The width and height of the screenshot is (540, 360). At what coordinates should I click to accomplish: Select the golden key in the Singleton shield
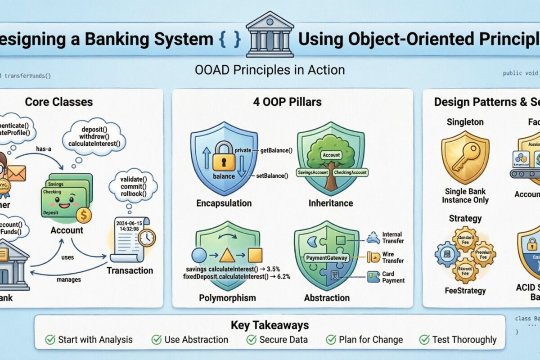click(465, 157)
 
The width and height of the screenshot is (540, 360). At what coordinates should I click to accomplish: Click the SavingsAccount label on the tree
click(312, 172)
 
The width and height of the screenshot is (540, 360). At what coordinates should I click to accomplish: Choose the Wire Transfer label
click(393, 257)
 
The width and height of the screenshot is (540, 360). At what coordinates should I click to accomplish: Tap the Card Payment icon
click(373, 276)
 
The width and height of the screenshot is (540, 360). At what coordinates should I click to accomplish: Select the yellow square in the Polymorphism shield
click(255, 255)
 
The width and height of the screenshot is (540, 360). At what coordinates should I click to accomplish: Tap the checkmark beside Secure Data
click(252, 339)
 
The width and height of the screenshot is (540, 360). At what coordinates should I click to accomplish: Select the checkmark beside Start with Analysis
click(50, 339)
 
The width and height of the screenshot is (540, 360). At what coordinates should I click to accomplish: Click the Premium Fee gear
click(483, 254)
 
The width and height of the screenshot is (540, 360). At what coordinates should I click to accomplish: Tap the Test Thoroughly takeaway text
click(464, 339)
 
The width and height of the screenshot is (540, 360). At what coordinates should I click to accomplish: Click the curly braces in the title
click(229, 39)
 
